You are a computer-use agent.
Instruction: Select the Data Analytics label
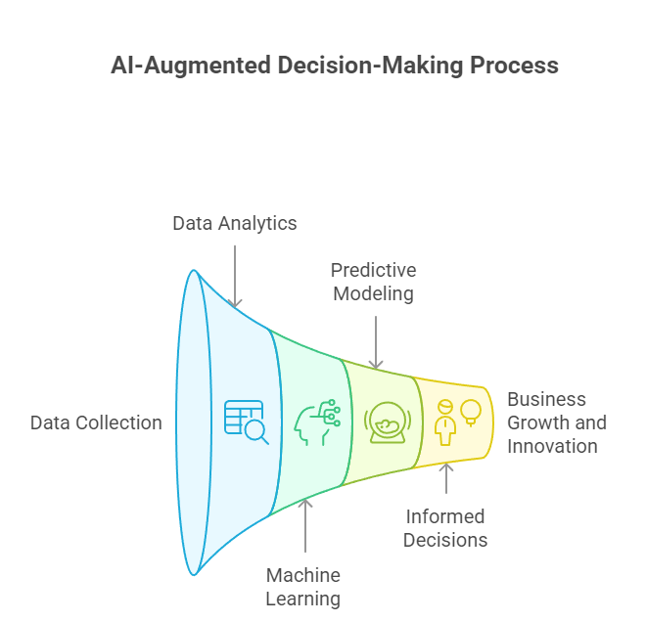pyautogui.click(x=235, y=223)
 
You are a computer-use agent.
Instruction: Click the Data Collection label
pyautogui.click(x=96, y=422)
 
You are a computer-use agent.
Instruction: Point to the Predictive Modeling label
pyautogui.click(x=373, y=282)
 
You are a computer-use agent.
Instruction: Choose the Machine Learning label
pyautogui.click(x=303, y=587)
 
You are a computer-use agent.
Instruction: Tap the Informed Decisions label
pyautogui.click(x=446, y=528)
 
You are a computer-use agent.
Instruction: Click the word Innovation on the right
pyautogui.click(x=552, y=446)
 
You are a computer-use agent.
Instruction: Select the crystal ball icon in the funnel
pyautogui.click(x=386, y=422)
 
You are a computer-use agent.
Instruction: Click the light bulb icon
pyautogui.click(x=471, y=412)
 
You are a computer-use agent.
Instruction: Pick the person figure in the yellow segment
pyautogui.click(x=445, y=423)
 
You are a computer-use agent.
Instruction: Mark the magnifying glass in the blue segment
pyautogui.click(x=257, y=430)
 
